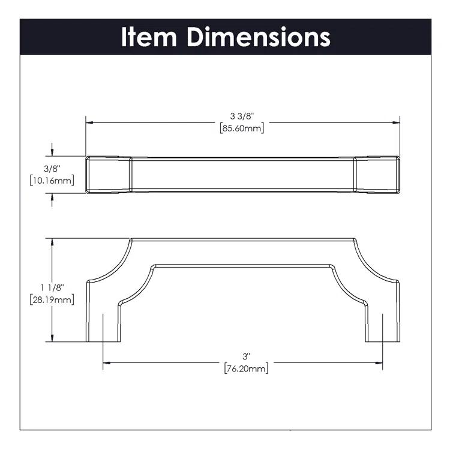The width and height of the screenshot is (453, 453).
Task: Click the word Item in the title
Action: pyautogui.click(x=150, y=37)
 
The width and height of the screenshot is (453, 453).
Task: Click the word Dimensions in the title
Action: pyautogui.click(x=258, y=37)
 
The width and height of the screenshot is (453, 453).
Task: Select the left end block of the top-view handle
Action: pyautogui.click(x=108, y=175)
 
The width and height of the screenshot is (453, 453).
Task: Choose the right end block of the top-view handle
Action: pyautogui.click(x=377, y=175)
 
